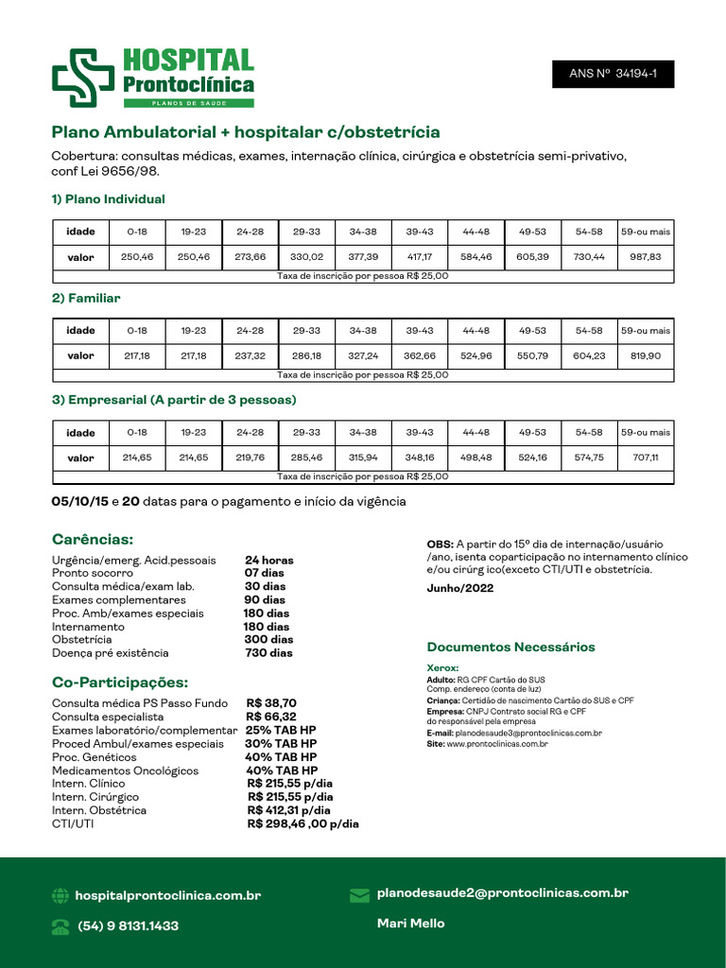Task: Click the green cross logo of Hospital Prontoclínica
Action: point(82,75)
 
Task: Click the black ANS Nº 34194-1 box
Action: point(613,73)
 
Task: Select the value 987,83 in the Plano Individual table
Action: point(646,257)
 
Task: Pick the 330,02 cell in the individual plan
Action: point(306,257)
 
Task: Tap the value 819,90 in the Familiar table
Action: point(646,356)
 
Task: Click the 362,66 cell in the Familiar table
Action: point(419,356)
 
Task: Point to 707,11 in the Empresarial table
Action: point(646,458)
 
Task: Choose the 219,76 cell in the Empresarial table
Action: point(250,458)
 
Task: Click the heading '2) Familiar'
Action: point(86,298)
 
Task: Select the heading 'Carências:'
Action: point(93,540)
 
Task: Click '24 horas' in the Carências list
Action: point(269,561)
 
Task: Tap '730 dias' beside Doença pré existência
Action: point(268,653)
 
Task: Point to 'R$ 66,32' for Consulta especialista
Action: point(272,717)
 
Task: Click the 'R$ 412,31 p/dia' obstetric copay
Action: point(289,810)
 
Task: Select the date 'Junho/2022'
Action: point(460,588)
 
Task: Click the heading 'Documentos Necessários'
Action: point(510,648)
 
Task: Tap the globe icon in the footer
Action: point(60,895)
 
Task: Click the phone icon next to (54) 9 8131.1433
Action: point(60,926)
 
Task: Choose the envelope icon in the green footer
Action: point(359,894)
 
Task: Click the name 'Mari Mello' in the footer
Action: point(410,923)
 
